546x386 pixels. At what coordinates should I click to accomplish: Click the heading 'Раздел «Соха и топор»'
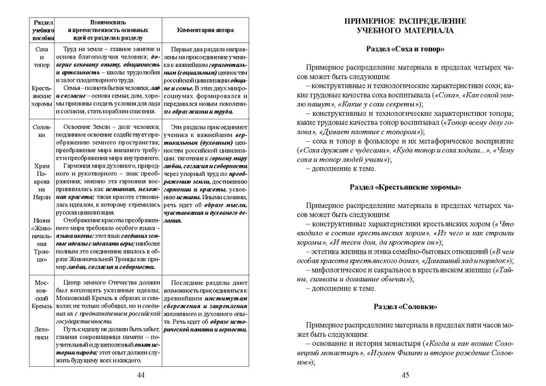(x=404, y=50)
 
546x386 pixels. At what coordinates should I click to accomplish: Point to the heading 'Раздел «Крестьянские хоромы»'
(x=404, y=187)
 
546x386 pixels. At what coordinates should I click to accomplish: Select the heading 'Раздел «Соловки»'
(x=404, y=308)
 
